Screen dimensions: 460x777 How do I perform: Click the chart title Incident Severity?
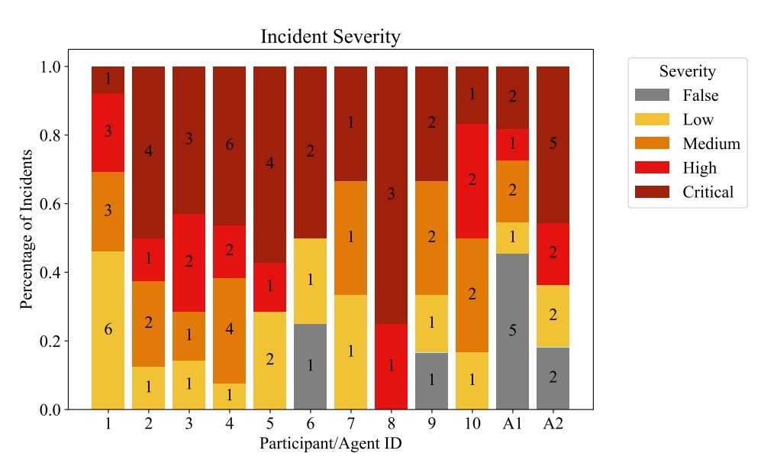coord(330,37)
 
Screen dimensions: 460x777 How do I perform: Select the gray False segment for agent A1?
coord(512,331)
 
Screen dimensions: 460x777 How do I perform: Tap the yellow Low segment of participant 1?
coord(108,330)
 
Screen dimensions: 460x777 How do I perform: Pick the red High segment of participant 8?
coord(391,366)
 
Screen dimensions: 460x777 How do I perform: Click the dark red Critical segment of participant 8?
coord(391,195)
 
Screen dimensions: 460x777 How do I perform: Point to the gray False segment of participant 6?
coord(310,366)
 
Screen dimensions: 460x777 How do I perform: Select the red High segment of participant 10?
coord(472,180)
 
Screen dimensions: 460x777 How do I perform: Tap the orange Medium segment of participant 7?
coord(350,238)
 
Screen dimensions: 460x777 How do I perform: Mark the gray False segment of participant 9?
coord(431,380)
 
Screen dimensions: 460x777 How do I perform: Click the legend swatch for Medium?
coord(653,144)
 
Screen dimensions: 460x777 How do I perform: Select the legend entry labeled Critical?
coord(708,192)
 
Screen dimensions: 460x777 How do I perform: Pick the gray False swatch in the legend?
coord(653,96)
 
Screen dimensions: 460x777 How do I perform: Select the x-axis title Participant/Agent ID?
coord(330,443)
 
